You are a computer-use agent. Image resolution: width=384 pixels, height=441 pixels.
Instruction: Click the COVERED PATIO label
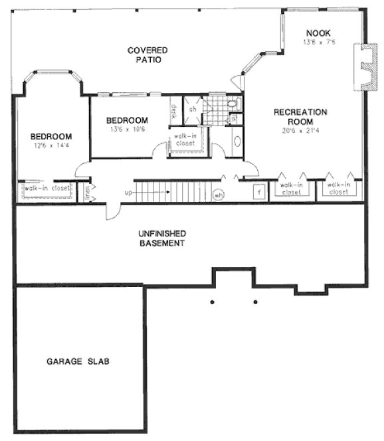[147, 54]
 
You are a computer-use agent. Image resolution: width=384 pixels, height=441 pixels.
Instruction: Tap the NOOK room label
[318, 33]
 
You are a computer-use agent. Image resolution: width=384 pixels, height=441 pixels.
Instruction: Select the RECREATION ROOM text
[301, 118]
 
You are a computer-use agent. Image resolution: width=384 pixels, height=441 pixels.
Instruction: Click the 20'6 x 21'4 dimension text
[301, 131]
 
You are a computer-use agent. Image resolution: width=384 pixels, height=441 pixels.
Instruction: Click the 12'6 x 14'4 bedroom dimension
[50, 145]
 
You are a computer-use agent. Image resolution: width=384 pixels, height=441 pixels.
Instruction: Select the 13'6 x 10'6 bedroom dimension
[128, 130]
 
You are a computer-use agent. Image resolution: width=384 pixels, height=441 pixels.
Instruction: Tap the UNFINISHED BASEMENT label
[161, 238]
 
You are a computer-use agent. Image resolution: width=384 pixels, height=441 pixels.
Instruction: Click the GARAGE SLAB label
[78, 362]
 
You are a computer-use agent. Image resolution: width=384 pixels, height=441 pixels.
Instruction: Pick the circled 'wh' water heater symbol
[218, 195]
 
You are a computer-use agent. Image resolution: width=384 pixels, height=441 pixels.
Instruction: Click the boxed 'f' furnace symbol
[258, 191]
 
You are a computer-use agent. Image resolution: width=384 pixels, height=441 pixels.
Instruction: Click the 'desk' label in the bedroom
[174, 111]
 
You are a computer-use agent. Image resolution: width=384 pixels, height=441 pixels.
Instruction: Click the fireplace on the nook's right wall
[362, 66]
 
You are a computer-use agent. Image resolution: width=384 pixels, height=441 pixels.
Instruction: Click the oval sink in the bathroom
[237, 141]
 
